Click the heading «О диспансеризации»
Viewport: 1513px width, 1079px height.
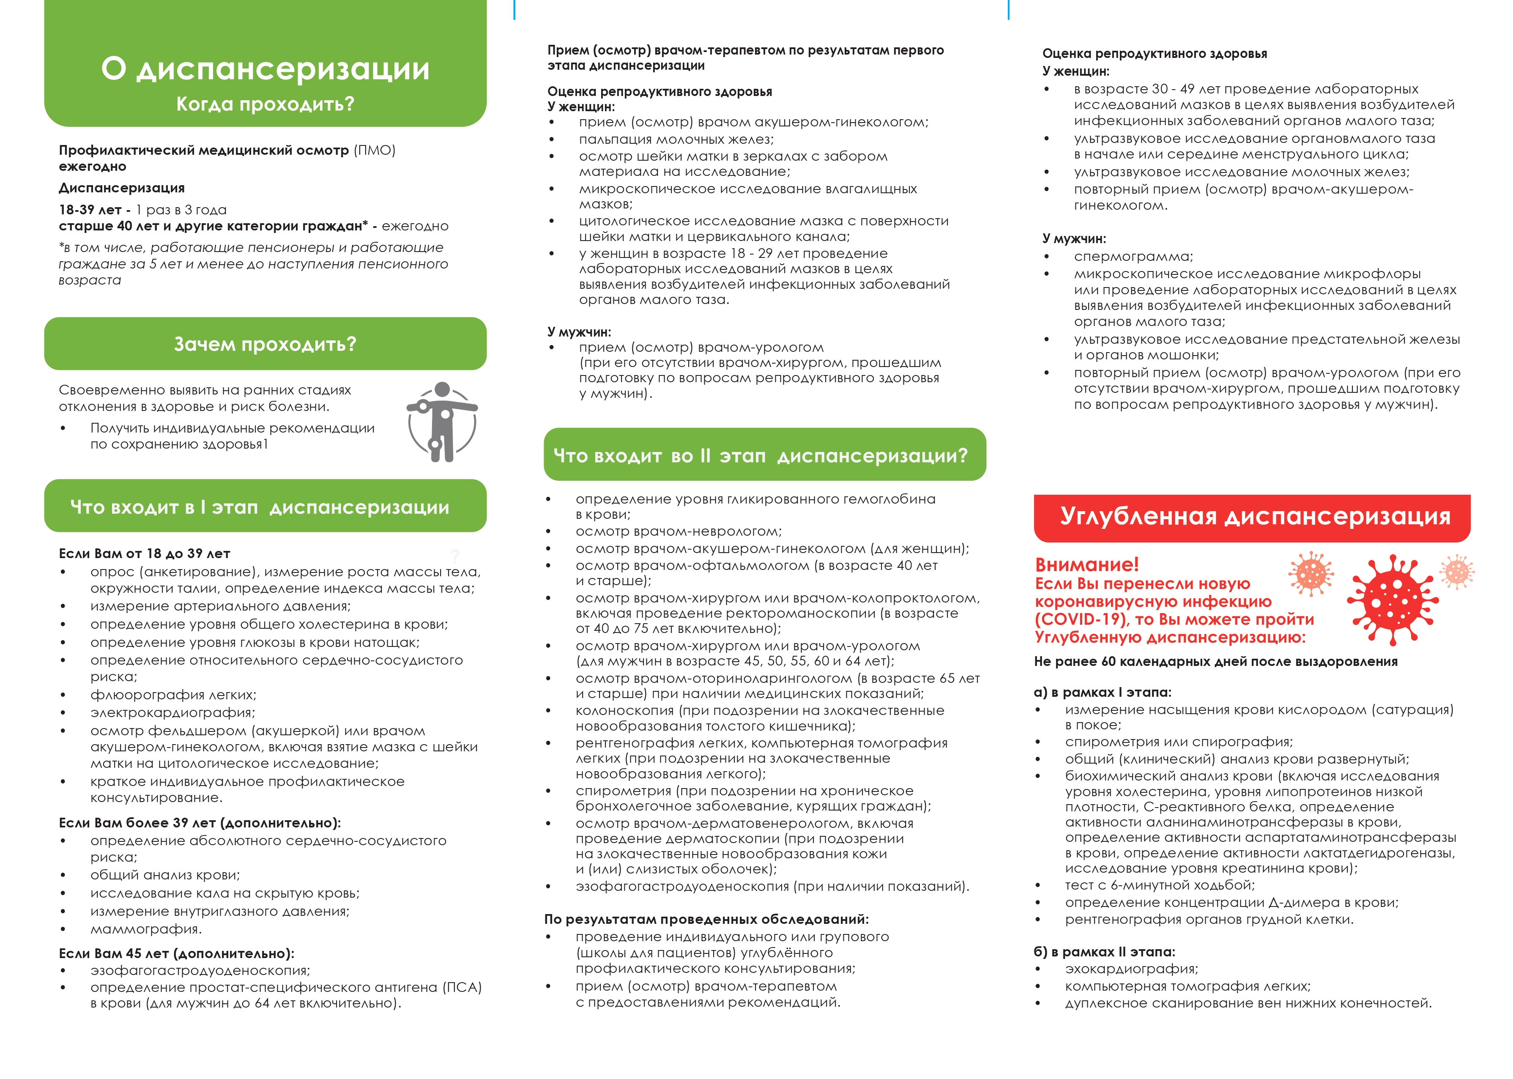(265, 68)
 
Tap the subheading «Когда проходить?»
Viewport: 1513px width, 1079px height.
(265, 104)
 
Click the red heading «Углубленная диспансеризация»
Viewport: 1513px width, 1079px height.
(1255, 516)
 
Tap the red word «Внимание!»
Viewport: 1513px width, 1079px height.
(1086, 565)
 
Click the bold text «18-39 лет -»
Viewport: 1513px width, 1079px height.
(94, 210)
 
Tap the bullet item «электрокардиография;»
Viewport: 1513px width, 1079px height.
(172, 712)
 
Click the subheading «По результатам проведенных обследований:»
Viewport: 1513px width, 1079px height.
(706, 920)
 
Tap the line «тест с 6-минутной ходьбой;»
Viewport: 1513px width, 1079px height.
(1160, 885)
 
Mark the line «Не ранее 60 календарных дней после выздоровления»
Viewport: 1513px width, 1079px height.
(1215, 662)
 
